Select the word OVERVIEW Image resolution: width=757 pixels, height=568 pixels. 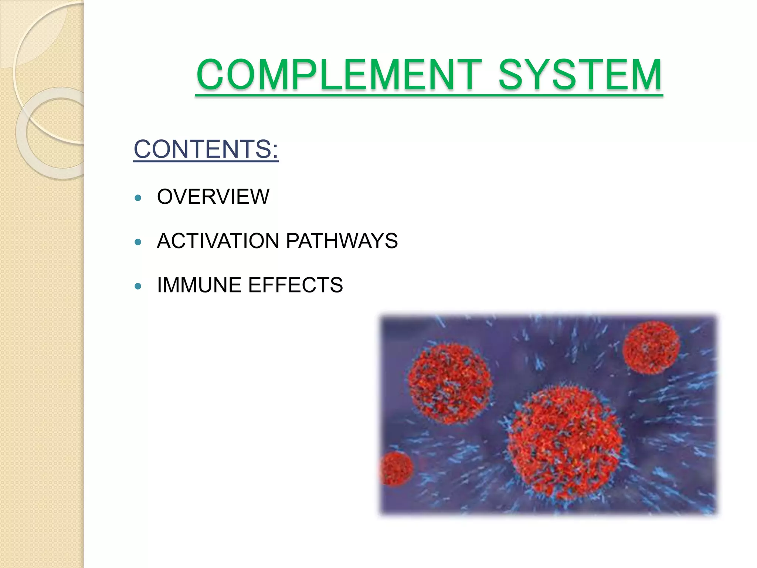point(213,196)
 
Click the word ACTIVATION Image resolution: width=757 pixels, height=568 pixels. point(218,241)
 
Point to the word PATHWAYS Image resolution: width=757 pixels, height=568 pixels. point(342,241)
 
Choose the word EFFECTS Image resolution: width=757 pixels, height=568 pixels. point(295,285)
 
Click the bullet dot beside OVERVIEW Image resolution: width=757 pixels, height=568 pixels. point(138,198)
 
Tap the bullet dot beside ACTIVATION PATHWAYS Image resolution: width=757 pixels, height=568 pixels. point(138,242)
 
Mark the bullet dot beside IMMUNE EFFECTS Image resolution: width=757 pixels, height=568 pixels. point(138,286)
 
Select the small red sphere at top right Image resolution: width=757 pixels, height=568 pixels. point(651,348)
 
